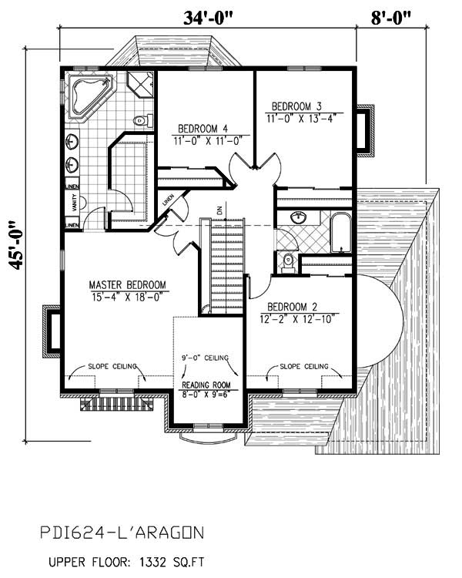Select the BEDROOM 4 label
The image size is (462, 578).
click(x=203, y=128)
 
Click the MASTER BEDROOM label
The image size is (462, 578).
click(x=127, y=283)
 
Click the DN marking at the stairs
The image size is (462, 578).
click(x=219, y=209)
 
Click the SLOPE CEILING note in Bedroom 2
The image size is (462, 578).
click(x=304, y=366)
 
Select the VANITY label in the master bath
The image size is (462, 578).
click(x=74, y=204)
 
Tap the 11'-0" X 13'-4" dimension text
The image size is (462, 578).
click(x=302, y=118)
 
